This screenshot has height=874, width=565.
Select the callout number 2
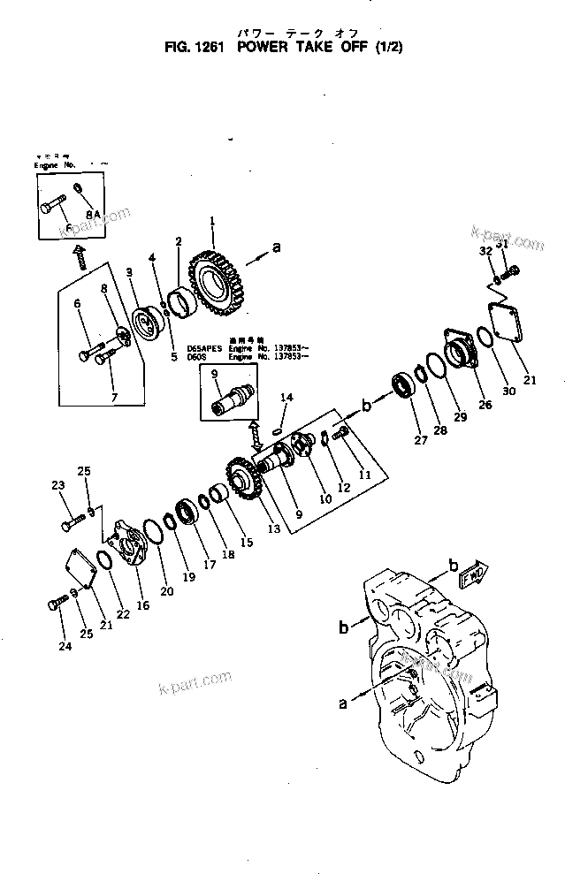(x=179, y=241)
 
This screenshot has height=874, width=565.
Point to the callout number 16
(x=142, y=607)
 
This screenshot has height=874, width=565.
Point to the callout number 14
(x=286, y=399)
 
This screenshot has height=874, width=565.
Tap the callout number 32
(x=485, y=251)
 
